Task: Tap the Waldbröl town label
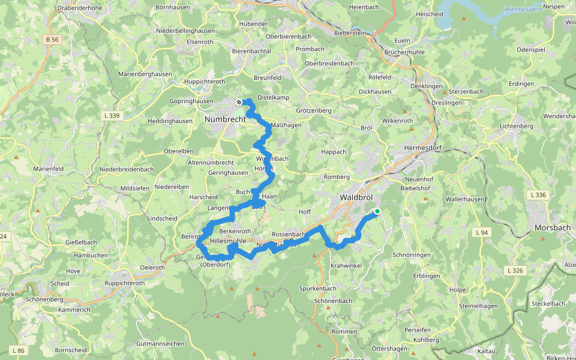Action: point(359,197)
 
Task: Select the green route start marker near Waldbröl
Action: point(377,211)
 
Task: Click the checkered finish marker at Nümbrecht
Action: point(239,102)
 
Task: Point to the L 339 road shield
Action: point(112,115)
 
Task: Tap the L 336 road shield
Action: point(538,194)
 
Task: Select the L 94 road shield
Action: point(481,232)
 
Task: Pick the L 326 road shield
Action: point(515,271)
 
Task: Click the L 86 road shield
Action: point(18,350)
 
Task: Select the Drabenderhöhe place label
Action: point(82,8)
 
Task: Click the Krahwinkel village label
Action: point(345,265)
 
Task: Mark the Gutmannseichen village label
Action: point(160,344)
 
